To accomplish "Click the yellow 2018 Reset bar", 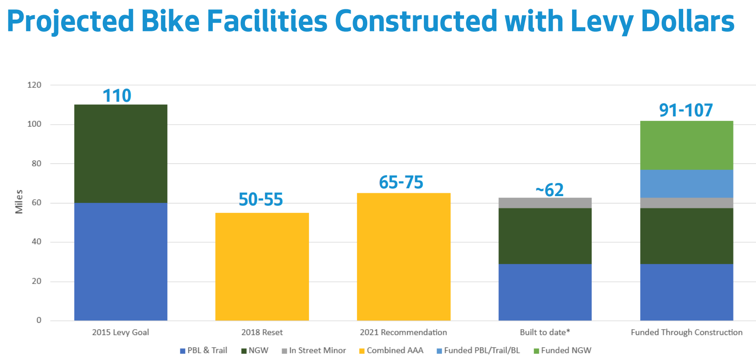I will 262,267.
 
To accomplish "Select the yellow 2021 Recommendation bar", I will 403,257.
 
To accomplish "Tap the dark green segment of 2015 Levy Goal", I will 121,154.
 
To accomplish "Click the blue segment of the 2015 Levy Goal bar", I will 121,262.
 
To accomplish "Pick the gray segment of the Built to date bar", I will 545,203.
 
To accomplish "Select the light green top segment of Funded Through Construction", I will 687,145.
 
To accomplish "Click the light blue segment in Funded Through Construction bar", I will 687,183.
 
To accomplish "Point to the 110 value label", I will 117,96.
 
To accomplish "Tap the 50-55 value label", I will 261,200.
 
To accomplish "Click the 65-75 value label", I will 401,182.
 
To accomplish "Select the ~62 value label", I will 549,190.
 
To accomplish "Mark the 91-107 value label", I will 686,110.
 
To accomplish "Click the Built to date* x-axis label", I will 545,333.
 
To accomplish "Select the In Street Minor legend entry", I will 313,351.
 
